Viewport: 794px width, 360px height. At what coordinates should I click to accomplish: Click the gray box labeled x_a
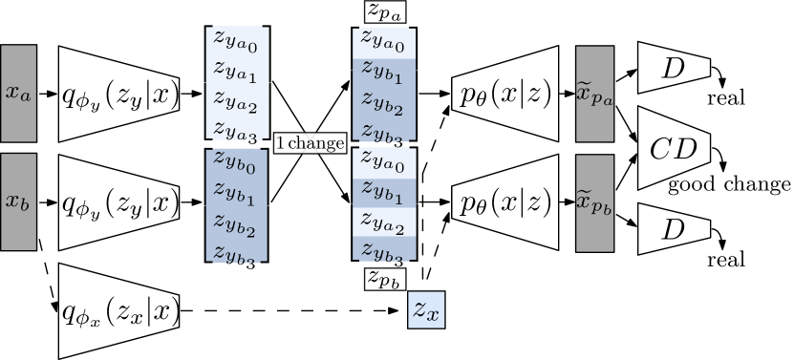18,93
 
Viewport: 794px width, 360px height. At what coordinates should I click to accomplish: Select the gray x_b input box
18,201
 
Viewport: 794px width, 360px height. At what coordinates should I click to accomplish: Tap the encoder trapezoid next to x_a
119,95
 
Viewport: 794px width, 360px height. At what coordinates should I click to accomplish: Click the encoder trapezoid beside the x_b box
119,202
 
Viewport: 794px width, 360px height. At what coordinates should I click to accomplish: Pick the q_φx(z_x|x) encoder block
119,311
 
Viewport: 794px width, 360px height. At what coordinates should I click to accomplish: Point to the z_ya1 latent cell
236,71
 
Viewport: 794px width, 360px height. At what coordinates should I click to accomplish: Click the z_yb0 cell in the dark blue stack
236,162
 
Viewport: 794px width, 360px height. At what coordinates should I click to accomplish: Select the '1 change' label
310,143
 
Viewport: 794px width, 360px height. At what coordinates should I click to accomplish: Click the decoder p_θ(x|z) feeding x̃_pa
504,94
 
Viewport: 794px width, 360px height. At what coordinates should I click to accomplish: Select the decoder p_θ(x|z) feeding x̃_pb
504,202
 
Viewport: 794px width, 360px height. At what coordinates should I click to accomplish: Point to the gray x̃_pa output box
593,93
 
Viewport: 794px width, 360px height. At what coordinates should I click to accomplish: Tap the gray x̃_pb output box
593,202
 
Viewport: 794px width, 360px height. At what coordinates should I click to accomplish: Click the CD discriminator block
674,148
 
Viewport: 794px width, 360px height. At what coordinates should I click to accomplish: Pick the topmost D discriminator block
674,67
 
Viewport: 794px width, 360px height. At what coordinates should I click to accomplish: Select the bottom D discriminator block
674,228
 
